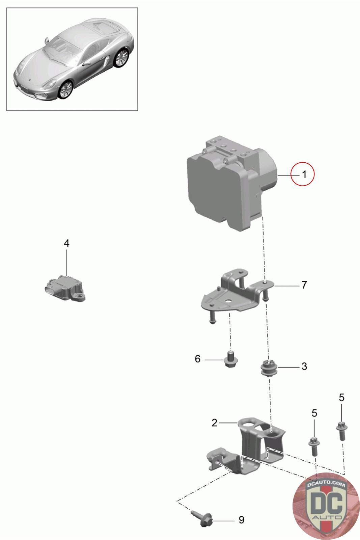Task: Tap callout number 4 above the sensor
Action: (67, 243)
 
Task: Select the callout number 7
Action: (304, 285)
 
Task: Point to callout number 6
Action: (198, 359)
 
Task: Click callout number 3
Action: (304, 366)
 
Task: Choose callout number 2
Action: (215, 423)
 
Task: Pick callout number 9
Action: (241, 520)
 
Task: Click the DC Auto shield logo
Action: (326, 506)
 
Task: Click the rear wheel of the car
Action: (121, 58)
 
